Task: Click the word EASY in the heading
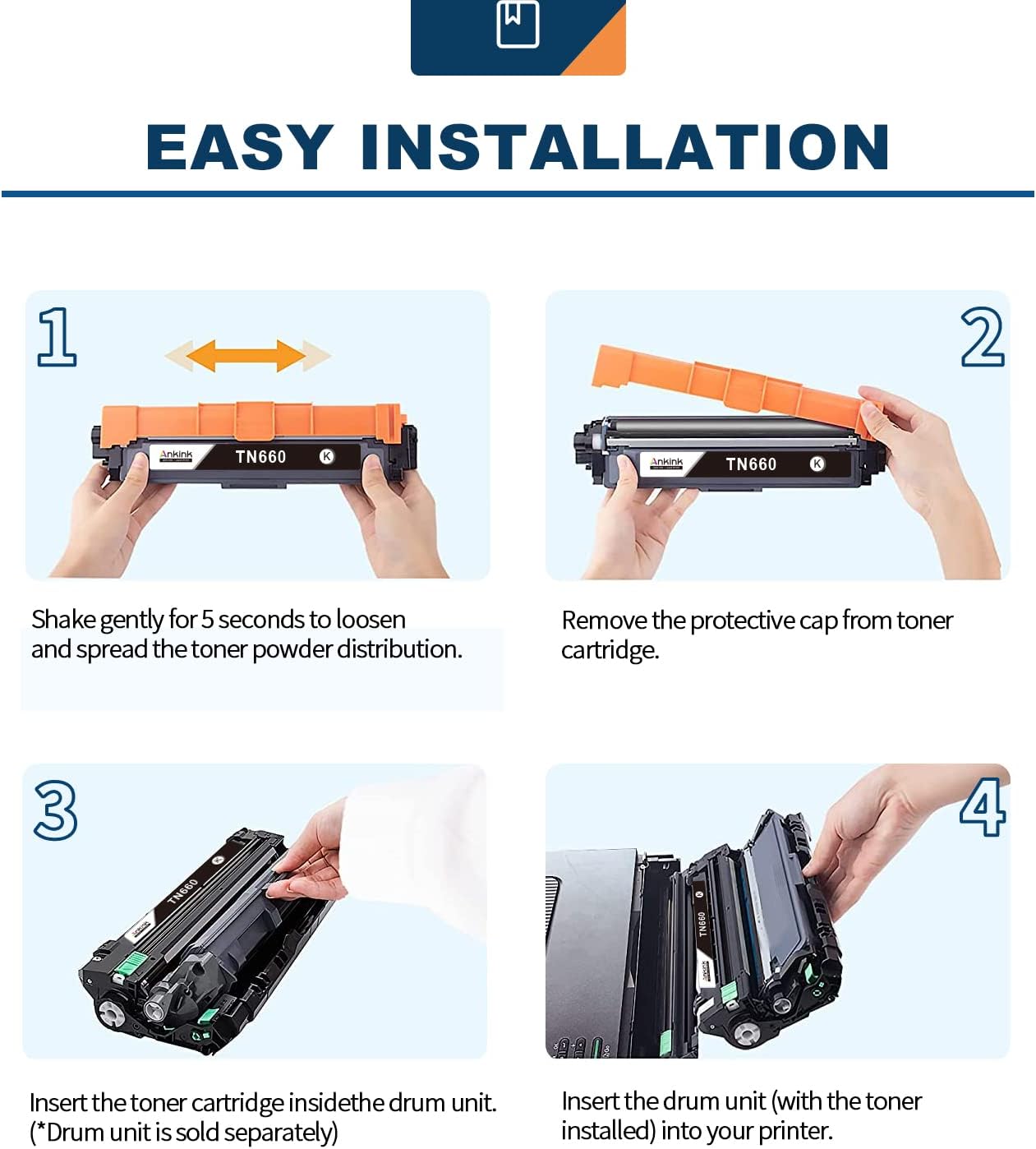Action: (239, 148)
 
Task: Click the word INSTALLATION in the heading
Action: (624, 148)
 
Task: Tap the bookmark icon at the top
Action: (518, 25)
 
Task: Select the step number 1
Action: (57, 336)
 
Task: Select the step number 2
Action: (982, 337)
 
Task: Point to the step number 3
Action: (56, 810)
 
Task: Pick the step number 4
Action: (983, 808)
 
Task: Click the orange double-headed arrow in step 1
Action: (246, 356)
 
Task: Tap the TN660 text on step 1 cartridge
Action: (260, 457)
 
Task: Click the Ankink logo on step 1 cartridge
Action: (176, 455)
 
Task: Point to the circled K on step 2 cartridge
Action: (817, 464)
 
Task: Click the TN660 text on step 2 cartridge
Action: (751, 464)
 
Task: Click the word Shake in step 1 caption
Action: (63, 620)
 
